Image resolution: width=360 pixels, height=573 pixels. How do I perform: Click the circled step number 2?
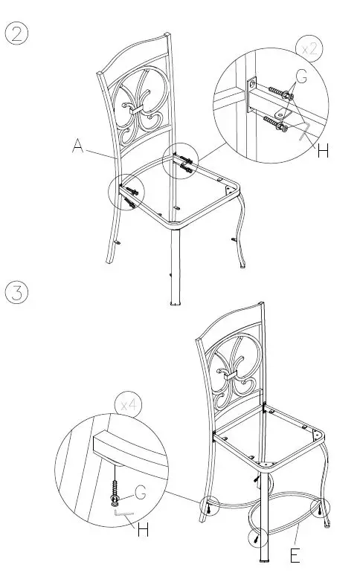pyautogui.click(x=17, y=35)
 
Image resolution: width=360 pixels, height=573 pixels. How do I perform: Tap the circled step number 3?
pyautogui.click(x=17, y=291)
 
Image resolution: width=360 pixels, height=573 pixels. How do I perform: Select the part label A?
pyautogui.click(x=78, y=146)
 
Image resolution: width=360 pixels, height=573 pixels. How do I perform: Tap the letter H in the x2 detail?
pyautogui.click(x=322, y=151)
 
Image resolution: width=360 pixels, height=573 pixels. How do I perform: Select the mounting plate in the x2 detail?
pyautogui.click(x=251, y=96)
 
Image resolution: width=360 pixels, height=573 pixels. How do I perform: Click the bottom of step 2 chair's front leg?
pyautogui.click(x=175, y=301)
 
